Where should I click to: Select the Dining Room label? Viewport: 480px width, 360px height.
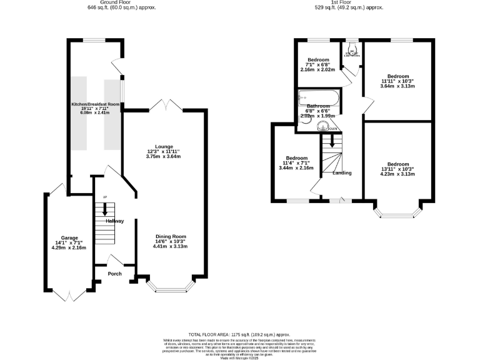(171, 237)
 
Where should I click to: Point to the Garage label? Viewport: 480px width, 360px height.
(68, 238)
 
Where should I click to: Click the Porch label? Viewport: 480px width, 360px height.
(114, 273)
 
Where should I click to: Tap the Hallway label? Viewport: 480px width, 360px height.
(114, 221)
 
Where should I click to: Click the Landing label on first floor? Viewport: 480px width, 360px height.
(342, 173)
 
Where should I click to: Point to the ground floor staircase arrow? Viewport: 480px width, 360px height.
(104, 210)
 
